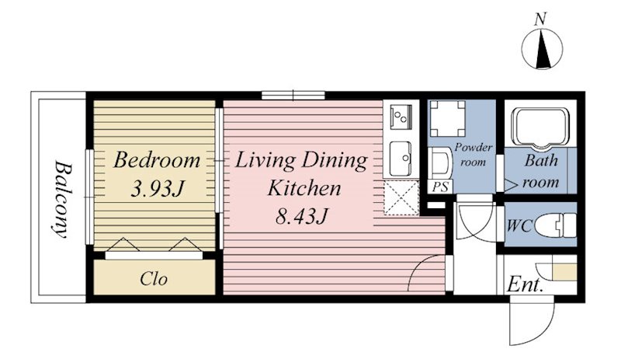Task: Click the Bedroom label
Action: coord(157,160)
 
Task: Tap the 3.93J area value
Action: coord(158,188)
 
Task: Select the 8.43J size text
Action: coord(302,216)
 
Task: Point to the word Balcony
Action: coord(63,199)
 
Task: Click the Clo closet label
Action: coord(154,279)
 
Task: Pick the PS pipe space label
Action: coord(440,187)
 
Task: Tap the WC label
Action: coord(519,225)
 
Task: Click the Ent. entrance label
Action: coord(525,284)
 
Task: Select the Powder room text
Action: coord(474,155)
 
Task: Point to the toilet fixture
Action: coord(555,225)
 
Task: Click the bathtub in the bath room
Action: coord(540,126)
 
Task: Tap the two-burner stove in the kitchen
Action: coord(401,117)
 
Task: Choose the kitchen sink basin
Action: coord(401,159)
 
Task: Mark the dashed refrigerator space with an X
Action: coord(401,198)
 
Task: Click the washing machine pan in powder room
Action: coord(448,119)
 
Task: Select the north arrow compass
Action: coord(542,49)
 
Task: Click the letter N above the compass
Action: coord(540,19)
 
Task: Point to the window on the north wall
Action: coord(293,95)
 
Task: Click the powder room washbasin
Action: coord(440,163)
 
